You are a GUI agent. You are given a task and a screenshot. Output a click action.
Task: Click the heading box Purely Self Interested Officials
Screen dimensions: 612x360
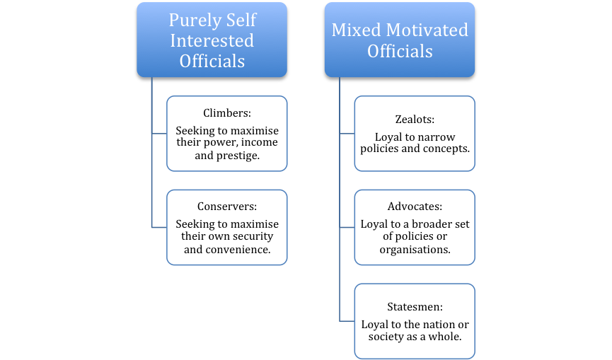pyautogui.click(x=212, y=40)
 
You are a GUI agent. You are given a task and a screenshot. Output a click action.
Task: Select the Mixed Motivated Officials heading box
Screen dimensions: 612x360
pyautogui.click(x=400, y=40)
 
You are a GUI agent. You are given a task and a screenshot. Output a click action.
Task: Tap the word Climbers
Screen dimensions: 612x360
pyautogui.click(x=225, y=112)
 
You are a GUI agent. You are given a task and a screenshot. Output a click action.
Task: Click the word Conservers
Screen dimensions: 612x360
pyautogui.click(x=225, y=206)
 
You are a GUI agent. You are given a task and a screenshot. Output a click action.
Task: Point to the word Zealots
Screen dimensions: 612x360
pyautogui.click(x=413, y=119)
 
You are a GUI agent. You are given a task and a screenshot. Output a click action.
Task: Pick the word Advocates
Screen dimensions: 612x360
pyautogui.click(x=413, y=206)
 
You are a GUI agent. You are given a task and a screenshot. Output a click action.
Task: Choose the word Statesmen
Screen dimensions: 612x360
pyautogui.click(x=413, y=306)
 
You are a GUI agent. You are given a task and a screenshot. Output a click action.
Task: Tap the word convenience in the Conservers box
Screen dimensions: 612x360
pyautogui.click(x=237, y=249)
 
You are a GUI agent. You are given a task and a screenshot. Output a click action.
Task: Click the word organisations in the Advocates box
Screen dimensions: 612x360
pyautogui.click(x=415, y=250)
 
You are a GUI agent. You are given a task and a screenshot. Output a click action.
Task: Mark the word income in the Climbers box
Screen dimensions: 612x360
pyautogui.click(x=260, y=142)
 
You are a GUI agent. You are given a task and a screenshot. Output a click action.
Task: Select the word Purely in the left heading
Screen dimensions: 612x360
pyautogui.click(x=191, y=21)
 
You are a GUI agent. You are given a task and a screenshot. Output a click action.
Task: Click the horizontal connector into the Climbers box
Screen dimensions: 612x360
pyautogui.click(x=159, y=134)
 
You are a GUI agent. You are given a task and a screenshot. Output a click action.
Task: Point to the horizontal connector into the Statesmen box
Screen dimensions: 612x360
pyautogui.click(x=347, y=321)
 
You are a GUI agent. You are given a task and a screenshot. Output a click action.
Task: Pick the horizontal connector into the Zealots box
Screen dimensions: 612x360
pyautogui.click(x=347, y=134)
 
